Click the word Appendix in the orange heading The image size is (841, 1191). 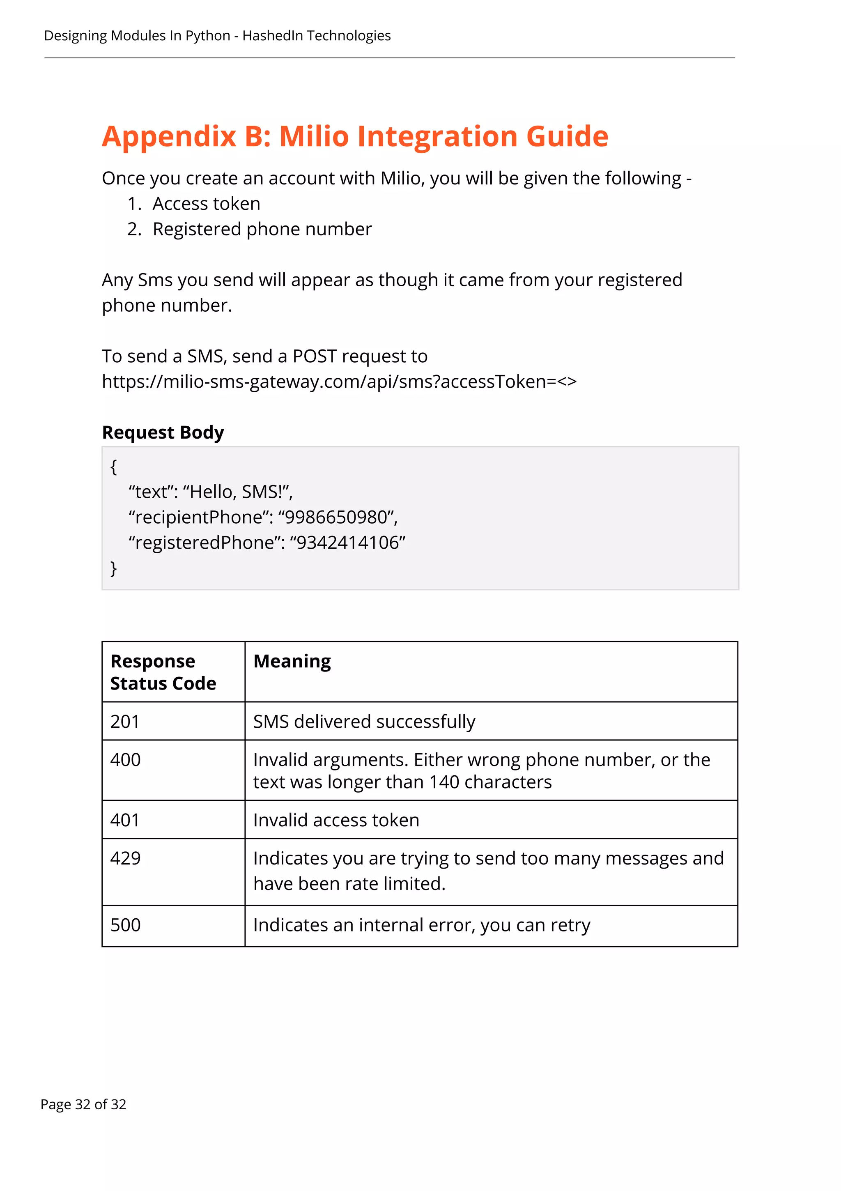[x=169, y=137]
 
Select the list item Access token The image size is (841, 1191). [x=206, y=204]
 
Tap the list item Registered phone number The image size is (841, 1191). [x=262, y=229]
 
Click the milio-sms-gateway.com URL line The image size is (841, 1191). [x=339, y=382]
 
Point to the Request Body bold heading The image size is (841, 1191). [x=163, y=432]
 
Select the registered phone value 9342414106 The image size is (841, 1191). [x=347, y=543]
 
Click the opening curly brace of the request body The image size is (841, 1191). [x=114, y=466]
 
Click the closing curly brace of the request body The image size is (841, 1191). [x=114, y=568]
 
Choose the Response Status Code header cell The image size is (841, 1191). [x=163, y=672]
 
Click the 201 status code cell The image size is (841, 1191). [x=125, y=722]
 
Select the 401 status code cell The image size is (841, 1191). [x=125, y=820]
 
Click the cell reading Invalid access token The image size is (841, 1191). [x=336, y=820]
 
